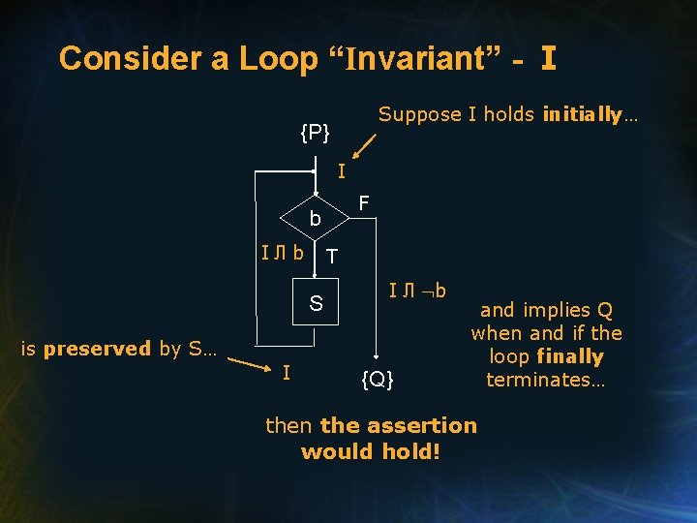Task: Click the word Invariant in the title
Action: tap(429, 58)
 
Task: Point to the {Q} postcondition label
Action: tap(378, 379)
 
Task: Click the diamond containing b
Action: tap(315, 220)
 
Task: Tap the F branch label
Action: tap(363, 203)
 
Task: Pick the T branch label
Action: tap(332, 257)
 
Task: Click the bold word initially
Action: tap(583, 114)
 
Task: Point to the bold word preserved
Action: tap(97, 349)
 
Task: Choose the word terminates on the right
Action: tap(546, 380)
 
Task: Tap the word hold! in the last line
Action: tap(412, 451)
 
